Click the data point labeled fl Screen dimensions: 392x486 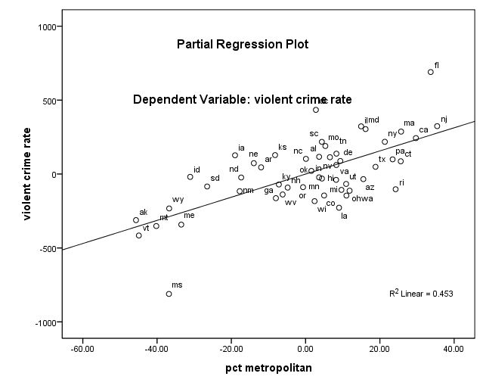pos(431,72)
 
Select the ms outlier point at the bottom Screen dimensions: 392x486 pos(169,294)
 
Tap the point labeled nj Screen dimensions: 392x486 pos(437,126)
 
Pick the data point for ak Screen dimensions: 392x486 pos(136,220)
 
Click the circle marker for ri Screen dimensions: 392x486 pos(395,189)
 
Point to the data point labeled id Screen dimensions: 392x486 pos(190,176)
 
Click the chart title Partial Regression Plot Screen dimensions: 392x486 pos(243,45)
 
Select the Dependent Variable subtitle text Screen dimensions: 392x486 pos(242,99)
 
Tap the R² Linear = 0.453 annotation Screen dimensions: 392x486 pos(421,293)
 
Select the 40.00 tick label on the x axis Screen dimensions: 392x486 pos(453,349)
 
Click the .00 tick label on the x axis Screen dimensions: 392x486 pos(305,349)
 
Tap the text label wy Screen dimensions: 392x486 pos(178,200)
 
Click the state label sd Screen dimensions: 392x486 pos(215,179)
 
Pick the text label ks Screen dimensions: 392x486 pos(282,148)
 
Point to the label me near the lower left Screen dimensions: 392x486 pos(189,216)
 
